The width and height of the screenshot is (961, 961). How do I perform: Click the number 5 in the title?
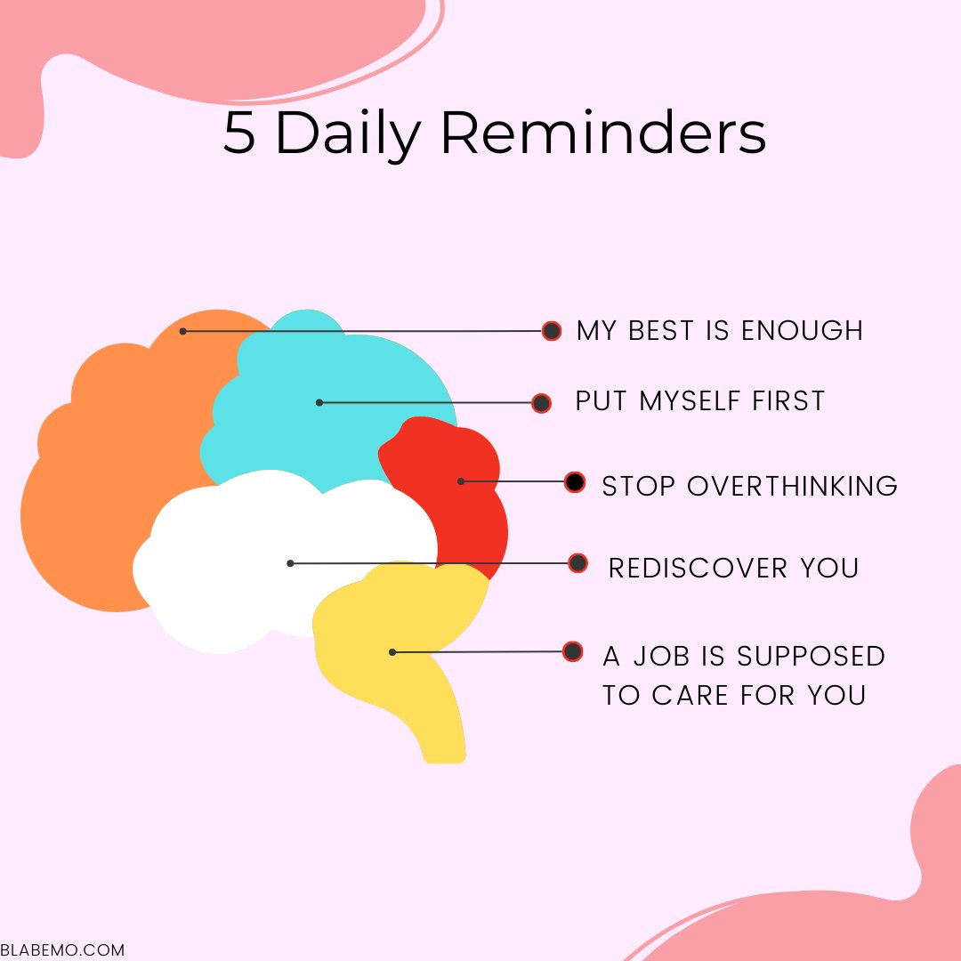point(238,134)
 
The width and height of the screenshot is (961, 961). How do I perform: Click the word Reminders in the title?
point(602,134)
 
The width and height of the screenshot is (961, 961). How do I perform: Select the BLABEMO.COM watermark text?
point(62,950)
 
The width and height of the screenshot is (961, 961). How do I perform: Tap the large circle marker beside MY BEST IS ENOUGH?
point(552,331)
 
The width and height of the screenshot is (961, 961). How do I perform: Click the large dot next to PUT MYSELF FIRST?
point(541,403)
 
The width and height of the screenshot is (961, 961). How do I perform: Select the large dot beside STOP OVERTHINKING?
point(575,482)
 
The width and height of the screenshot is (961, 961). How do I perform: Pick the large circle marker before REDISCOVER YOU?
point(577,563)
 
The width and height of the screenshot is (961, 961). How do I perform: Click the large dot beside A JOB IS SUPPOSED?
point(573,651)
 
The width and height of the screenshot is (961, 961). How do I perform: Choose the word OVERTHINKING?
point(792,486)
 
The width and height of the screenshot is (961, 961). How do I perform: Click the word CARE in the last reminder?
point(688,695)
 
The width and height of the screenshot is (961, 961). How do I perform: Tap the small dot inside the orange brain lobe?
point(182,331)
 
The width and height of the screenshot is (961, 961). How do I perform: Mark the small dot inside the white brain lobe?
point(290,563)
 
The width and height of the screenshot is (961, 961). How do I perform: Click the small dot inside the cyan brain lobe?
point(319,403)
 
